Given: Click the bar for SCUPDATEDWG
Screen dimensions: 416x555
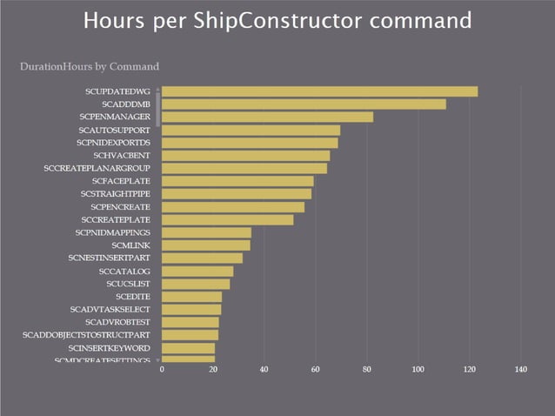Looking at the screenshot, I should (319, 91).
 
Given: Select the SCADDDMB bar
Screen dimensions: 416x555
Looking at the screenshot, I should (304, 104).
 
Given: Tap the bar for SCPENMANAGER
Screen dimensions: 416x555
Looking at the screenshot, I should (267, 117).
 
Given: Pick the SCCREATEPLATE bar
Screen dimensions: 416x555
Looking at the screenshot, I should (227, 219).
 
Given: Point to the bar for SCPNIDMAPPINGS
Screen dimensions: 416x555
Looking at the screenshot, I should (206, 232).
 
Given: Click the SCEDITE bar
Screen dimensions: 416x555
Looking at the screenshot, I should (191, 297).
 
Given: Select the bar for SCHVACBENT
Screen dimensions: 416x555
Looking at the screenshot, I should (245, 155).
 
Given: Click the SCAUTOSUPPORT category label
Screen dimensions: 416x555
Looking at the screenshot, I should (114, 130).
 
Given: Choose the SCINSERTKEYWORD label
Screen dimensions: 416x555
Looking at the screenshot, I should (109, 347).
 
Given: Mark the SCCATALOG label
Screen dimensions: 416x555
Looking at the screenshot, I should (124, 271).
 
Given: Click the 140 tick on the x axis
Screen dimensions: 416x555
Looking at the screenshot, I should (521, 370).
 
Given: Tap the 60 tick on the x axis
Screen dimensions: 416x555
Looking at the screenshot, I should (316, 370).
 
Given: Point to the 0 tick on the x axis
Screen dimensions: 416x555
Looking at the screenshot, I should (163, 370).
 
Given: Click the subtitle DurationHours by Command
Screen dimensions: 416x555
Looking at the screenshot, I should (89, 66).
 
